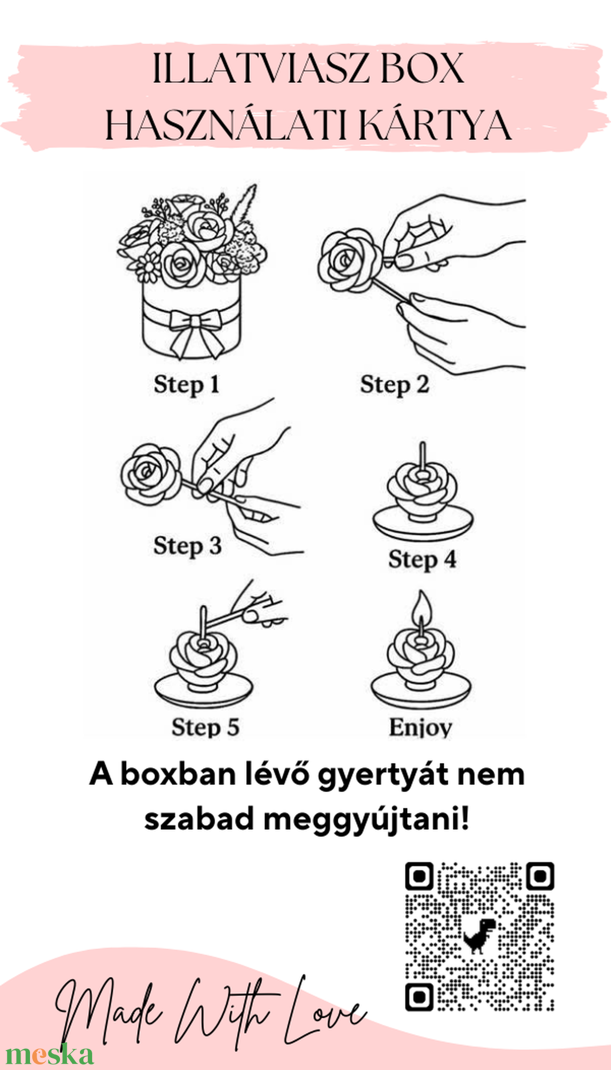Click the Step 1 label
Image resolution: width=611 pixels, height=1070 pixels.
click(x=187, y=385)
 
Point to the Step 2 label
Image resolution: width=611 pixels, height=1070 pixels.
click(x=394, y=385)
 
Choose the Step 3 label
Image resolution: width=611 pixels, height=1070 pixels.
click(x=187, y=546)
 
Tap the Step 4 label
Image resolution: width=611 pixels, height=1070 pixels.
click(x=422, y=559)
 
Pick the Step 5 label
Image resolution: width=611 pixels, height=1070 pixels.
click(x=206, y=727)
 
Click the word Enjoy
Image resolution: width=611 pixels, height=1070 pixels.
click(x=420, y=727)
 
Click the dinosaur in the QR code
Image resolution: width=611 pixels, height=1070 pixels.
click(x=479, y=935)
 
